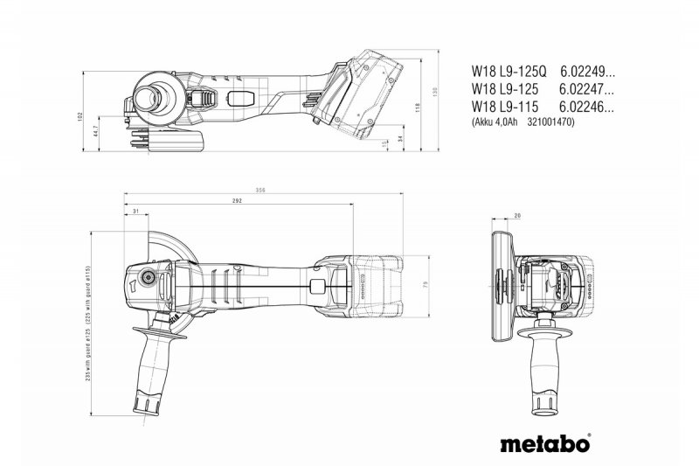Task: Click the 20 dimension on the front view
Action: [x=517, y=215]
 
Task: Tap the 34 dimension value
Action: [x=399, y=138]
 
